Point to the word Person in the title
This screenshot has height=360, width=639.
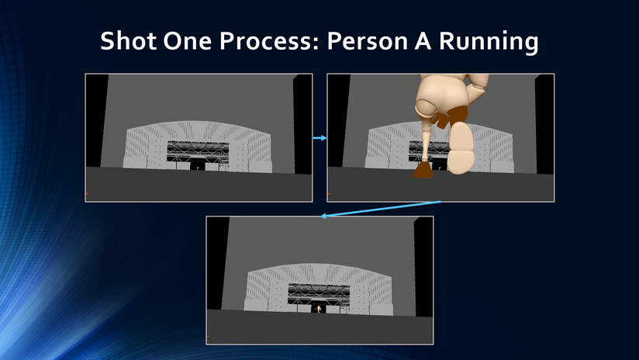click(x=367, y=41)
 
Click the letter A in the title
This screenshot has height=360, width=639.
click(x=423, y=41)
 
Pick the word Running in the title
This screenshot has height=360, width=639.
click(x=489, y=43)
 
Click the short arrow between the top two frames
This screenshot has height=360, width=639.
click(x=320, y=138)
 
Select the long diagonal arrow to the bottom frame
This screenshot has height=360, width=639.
click(x=381, y=209)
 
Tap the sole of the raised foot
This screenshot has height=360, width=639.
click(x=461, y=147)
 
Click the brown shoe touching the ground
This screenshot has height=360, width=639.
click(x=423, y=170)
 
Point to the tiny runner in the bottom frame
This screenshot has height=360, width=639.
click(x=319, y=310)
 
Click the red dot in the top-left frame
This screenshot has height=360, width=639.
click(x=87, y=194)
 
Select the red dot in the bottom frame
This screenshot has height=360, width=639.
click(x=208, y=337)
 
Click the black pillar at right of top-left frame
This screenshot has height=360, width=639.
click(x=302, y=124)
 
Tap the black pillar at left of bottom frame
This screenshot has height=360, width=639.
click(x=218, y=263)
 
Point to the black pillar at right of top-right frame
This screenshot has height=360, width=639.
click(x=544, y=124)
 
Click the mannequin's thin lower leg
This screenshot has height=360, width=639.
click(x=426, y=143)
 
